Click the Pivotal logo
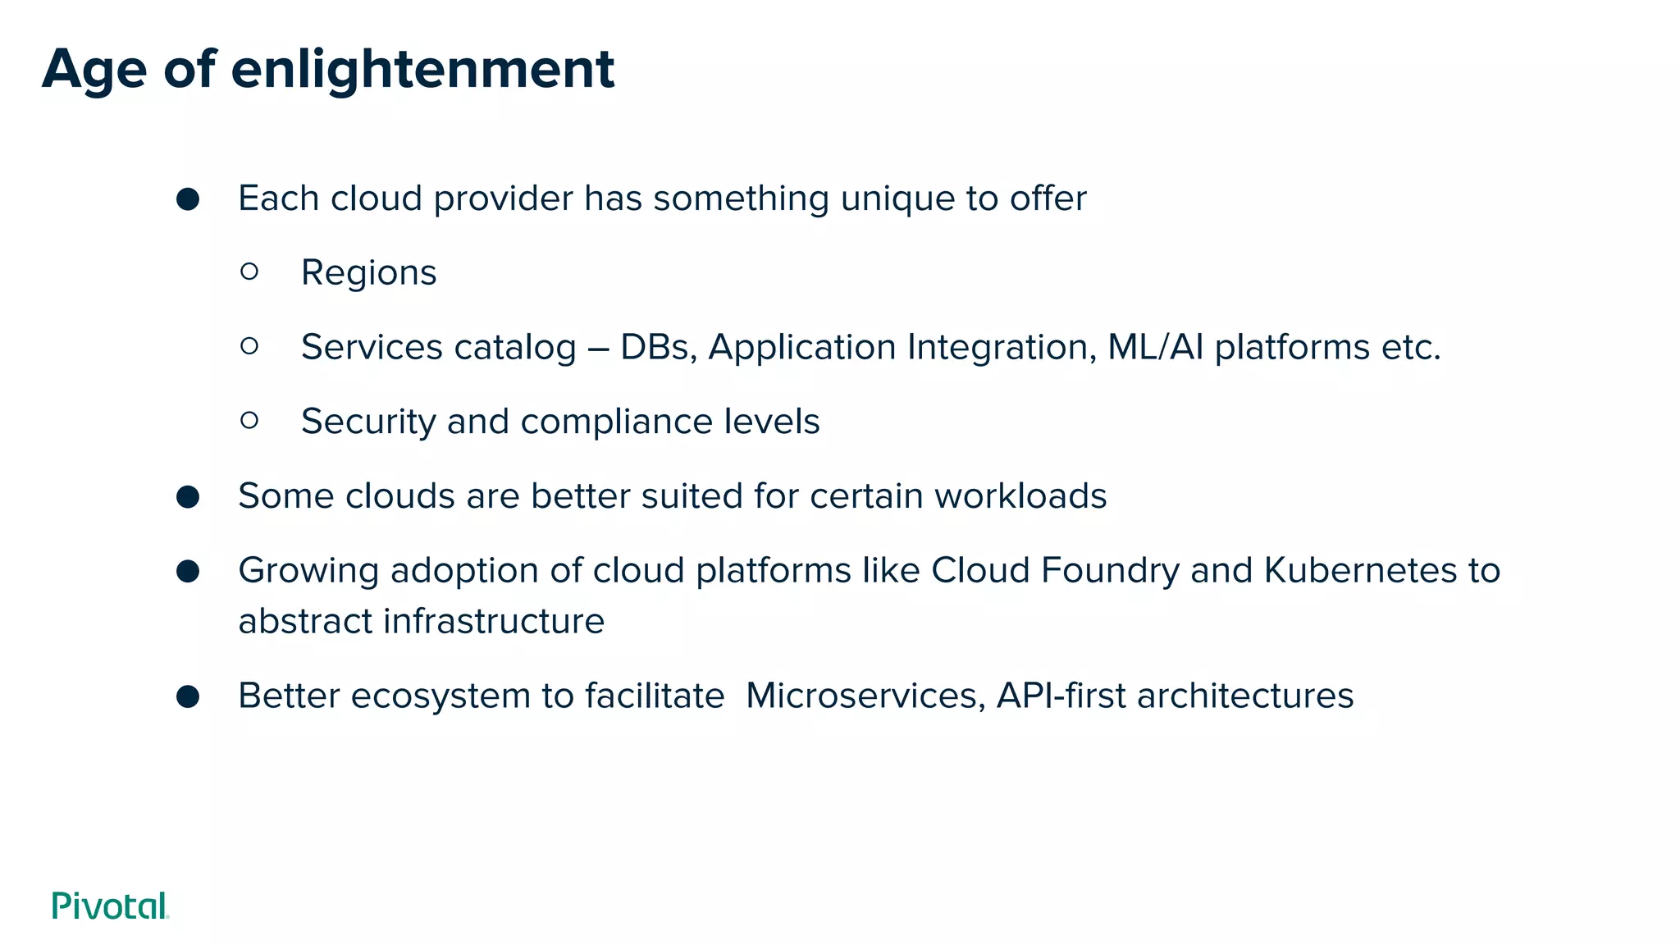(110, 906)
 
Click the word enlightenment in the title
(422, 69)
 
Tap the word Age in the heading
(94, 71)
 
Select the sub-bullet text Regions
(368, 273)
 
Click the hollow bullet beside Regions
(250, 272)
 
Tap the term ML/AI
(1155, 348)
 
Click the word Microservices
(865, 696)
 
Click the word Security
(368, 422)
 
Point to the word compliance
(616, 422)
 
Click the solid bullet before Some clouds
(188, 497)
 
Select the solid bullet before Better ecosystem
(188, 696)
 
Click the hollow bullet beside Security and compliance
(250, 421)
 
